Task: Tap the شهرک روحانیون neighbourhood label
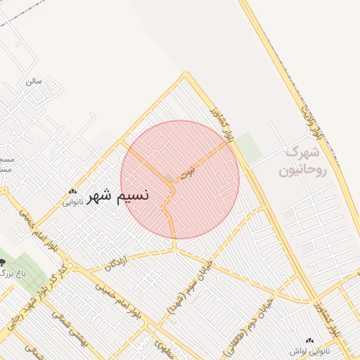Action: tap(302, 161)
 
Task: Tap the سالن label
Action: tap(34, 81)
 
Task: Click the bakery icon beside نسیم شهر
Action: tap(73, 191)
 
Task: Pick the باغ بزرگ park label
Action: tap(8, 272)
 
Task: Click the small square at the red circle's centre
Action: tap(169, 179)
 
